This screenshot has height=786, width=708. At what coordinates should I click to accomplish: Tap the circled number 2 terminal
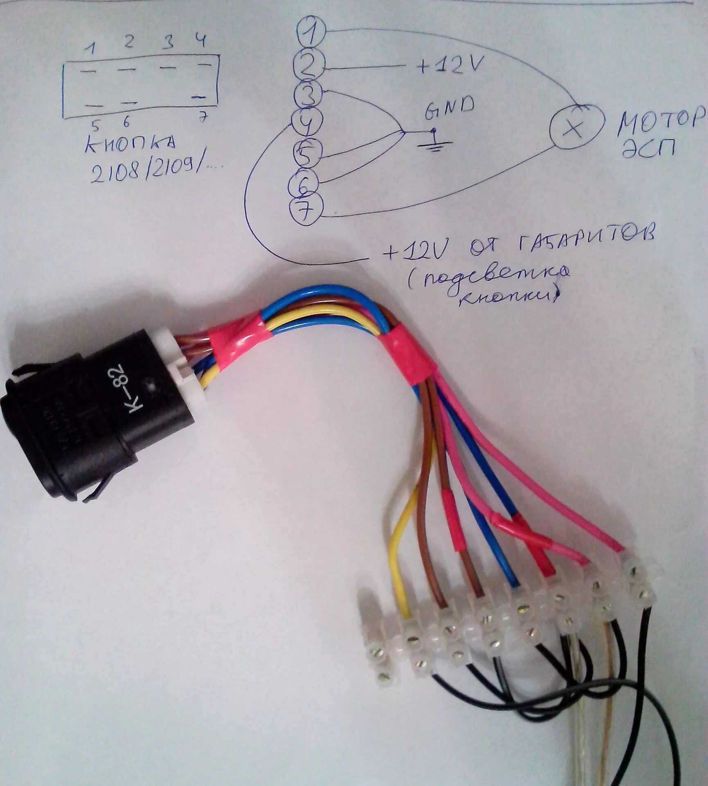pos(309,65)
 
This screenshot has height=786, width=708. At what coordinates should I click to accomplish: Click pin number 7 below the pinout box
pos(202,118)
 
